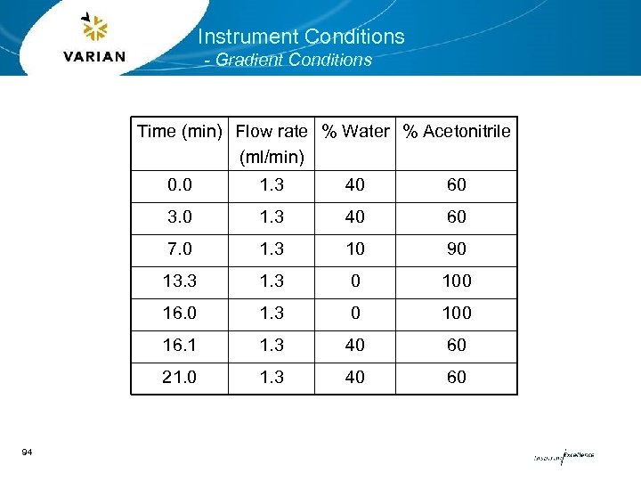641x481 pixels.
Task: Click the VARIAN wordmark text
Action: click(94, 56)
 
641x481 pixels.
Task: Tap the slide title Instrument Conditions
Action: click(301, 37)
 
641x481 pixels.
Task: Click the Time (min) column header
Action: click(179, 132)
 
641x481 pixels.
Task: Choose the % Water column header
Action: click(355, 132)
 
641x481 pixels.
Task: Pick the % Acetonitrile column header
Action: click(457, 132)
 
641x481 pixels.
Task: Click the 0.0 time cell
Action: click(181, 185)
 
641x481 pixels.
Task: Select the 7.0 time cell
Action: click(181, 249)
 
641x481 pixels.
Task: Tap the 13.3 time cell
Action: click(181, 281)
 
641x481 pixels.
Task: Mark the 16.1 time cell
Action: click(181, 346)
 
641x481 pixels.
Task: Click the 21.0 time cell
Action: click(181, 378)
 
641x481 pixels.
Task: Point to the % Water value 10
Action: click(355, 249)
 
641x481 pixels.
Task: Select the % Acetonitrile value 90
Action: click(457, 249)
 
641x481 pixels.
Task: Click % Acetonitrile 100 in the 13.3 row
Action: click(457, 281)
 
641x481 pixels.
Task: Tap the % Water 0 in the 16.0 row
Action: click(355, 314)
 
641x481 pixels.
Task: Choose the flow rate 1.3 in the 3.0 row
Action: click(272, 217)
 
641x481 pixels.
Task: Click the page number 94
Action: click(27, 453)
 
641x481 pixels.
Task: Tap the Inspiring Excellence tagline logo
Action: click(563, 456)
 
